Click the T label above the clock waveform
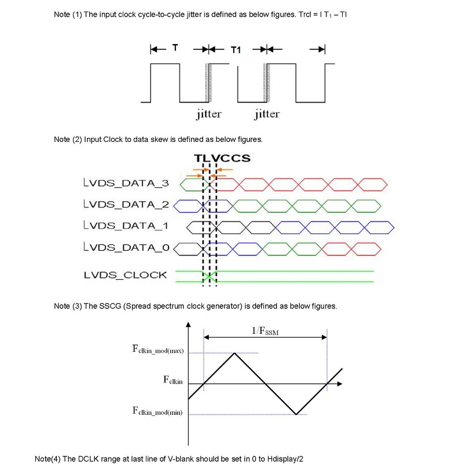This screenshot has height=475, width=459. [175, 47]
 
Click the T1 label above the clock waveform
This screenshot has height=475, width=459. [236, 50]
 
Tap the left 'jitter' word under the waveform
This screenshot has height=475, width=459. [208, 114]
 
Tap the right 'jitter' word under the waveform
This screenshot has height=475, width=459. [267, 114]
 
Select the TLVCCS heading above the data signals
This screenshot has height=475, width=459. [222, 158]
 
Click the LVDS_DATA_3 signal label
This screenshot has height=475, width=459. [126, 183]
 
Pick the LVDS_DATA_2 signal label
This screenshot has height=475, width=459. [126, 204]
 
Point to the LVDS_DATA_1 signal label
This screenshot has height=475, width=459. [126, 226]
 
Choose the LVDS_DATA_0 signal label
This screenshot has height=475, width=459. [126, 247]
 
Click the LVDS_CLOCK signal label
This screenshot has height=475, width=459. [126, 275]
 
